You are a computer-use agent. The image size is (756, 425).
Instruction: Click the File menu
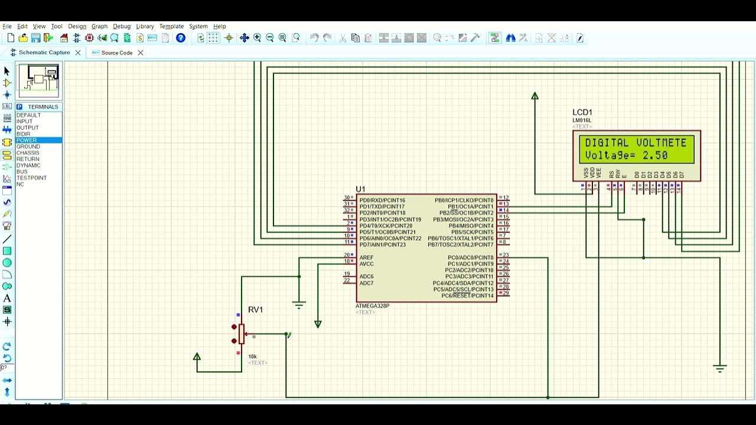pos(7,27)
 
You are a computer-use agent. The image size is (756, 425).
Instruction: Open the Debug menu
pos(122,27)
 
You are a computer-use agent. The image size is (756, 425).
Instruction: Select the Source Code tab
pos(116,53)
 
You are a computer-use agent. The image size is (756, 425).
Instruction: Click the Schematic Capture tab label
pos(44,53)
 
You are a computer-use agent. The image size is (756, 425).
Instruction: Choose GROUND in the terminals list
pos(28,146)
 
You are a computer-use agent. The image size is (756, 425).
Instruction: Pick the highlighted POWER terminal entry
pos(27,140)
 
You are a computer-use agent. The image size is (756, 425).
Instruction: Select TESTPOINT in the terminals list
pos(31,178)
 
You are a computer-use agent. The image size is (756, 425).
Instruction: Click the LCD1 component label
pos(582,112)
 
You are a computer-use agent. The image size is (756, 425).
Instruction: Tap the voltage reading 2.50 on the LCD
pos(655,156)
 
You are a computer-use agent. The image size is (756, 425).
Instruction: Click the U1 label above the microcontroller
pos(360,189)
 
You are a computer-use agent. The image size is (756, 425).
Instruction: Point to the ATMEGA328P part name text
pos(372,306)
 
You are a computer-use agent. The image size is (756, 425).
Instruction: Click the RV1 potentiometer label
pos(255,310)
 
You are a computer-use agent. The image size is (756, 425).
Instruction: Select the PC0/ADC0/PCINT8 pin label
pos(470,258)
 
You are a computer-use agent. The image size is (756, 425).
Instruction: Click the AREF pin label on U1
pos(366,258)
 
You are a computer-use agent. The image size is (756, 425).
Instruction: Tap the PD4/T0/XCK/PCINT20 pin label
pos(386,226)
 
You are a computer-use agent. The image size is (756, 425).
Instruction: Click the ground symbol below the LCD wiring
pos(719,369)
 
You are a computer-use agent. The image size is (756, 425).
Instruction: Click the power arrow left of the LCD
pos(535,96)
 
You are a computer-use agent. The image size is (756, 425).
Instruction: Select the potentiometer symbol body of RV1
pos(241,334)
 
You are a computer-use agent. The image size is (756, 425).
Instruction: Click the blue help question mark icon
pos(181,38)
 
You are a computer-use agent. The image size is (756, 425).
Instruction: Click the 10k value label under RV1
pos(252,357)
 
